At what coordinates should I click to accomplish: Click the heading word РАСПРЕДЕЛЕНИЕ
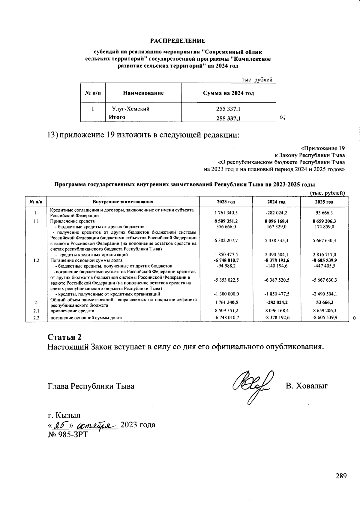click(178, 41)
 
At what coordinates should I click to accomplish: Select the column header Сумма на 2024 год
click(228, 93)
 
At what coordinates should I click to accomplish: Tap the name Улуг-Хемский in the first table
click(130, 109)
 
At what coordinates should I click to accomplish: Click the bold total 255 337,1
click(228, 119)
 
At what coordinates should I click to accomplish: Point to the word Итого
click(117, 117)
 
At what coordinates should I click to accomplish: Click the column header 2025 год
click(324, 202)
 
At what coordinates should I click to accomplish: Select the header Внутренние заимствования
click(123, 202)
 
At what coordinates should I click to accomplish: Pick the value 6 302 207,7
click(226, 241)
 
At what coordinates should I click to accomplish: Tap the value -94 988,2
click(226, 266)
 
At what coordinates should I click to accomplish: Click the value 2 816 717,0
click(324, 255)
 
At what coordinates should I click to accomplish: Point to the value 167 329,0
click(276, 227)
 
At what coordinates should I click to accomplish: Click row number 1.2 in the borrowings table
click(36, 260)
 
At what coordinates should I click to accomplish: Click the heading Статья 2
click(64, 336)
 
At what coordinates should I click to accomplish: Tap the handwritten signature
click(253, 386)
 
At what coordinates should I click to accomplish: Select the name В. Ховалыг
click(307, 386)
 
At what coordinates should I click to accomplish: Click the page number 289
click(341, 476)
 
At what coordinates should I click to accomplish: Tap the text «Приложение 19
click(323, 148)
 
